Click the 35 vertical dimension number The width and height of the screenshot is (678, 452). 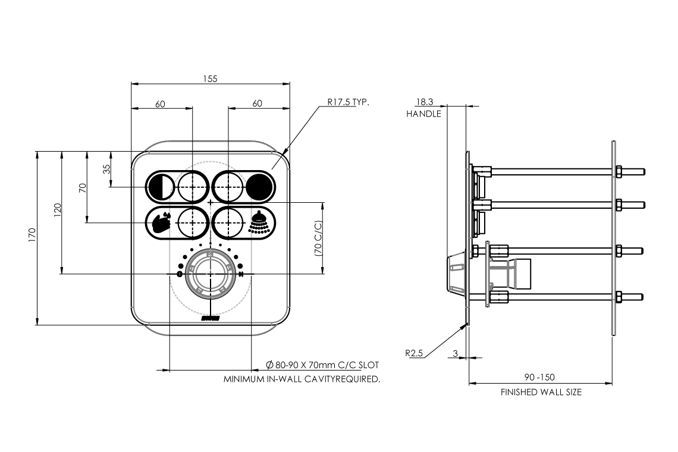coord(106,169)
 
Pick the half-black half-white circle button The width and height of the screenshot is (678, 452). coord(159,187)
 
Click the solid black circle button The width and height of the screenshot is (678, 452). coord(260,187)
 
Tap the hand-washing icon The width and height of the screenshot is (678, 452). coord(160,223)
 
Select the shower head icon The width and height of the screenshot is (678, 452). coord(259,223)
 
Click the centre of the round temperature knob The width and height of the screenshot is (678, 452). coord(211,274)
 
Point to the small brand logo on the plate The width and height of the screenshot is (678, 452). coord(211,319)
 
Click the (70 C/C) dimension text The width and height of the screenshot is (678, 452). coord(318,238)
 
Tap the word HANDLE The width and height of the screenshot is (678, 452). coord(423,114)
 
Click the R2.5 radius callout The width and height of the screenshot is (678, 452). coord(414,353)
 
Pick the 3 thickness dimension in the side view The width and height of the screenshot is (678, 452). coord(455,354)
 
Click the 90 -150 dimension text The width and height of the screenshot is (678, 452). coord(540,378)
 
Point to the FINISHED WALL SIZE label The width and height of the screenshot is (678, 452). coord(541,393)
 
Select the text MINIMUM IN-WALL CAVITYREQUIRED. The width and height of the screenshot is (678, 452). coord(302,379)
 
